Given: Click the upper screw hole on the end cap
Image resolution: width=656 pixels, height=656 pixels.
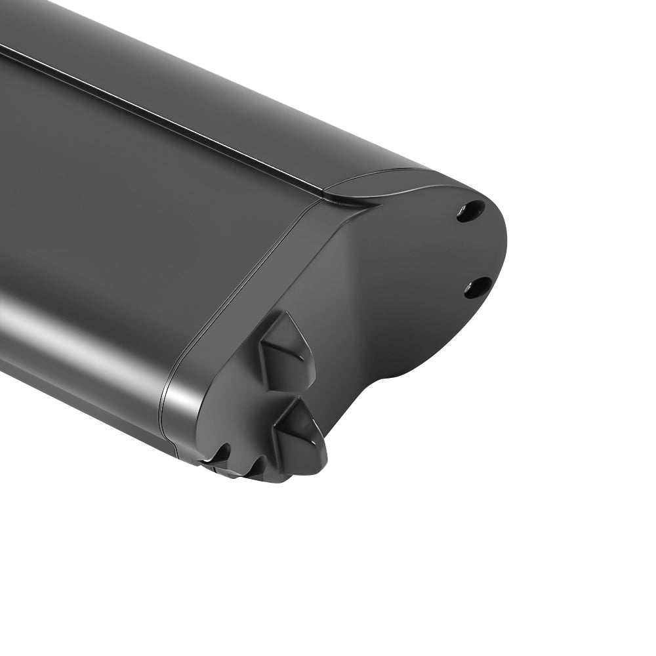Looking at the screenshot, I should pyautogui.click(x=470, y=211).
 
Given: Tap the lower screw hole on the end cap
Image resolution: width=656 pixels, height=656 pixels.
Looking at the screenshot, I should pyautogui.click(x=478, y=287).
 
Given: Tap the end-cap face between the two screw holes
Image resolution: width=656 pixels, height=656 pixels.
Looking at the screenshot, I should pyautogui.click(x=459, y=249).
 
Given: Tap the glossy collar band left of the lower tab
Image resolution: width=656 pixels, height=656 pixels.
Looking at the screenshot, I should pyautogui.click(x=187, y=407).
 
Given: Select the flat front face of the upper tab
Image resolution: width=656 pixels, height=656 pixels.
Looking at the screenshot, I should pyautogui.click(x=279, y=354).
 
